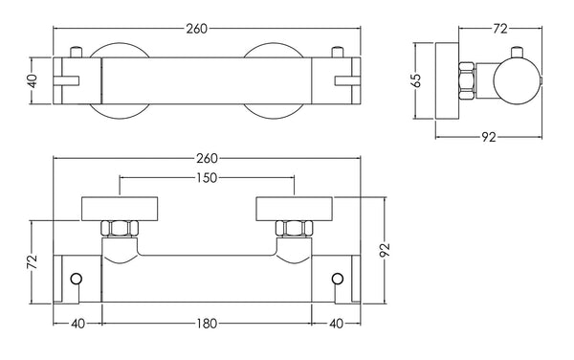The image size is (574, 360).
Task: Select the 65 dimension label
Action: [417, 80]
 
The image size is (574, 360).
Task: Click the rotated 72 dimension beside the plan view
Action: [32, 260]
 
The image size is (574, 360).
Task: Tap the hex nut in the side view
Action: [467, 80]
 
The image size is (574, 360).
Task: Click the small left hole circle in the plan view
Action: [77, 279]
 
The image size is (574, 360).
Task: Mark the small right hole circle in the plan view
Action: [336, 279]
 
